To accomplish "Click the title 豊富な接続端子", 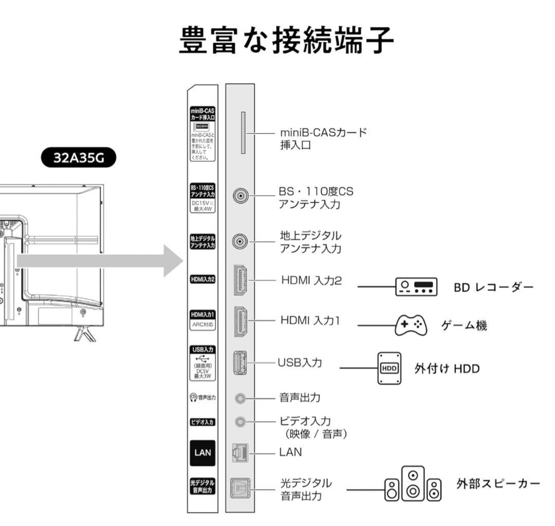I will [287, 41].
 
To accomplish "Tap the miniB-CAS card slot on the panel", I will [243, 133].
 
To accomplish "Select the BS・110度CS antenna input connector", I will [240, 196].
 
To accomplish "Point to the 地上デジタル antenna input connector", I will [240, 241].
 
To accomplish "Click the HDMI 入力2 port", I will [240, 280].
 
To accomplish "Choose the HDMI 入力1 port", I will [240, 321].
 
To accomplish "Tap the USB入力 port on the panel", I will [240, 362].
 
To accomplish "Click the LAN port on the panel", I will [240, 452].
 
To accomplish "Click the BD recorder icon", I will [416, 286].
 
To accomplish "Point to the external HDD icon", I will [389, 368].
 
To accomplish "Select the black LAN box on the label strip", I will [202, 452].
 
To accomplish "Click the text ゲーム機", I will [464, 325].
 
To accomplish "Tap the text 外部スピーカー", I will [498, 484].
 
